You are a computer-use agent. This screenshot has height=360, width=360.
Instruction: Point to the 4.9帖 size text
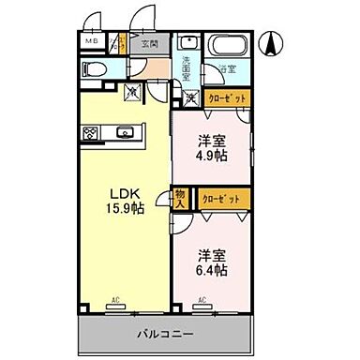click(210, 155)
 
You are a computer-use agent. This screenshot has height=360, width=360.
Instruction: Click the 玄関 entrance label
click(150, 43)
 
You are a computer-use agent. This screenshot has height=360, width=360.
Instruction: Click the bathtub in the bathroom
click(225, 46)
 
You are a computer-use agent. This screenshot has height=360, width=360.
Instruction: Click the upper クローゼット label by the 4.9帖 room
click(228, 97)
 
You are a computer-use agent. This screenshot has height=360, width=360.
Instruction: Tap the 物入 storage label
click(181, 200)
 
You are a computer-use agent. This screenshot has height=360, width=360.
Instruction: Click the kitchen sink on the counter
click(124, 131)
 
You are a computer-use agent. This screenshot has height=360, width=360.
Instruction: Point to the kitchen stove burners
click(89, 131)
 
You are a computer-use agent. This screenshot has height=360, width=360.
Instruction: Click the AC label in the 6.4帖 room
click(202, 300)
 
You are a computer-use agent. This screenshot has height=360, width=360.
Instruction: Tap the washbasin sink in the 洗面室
click(187, 43)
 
